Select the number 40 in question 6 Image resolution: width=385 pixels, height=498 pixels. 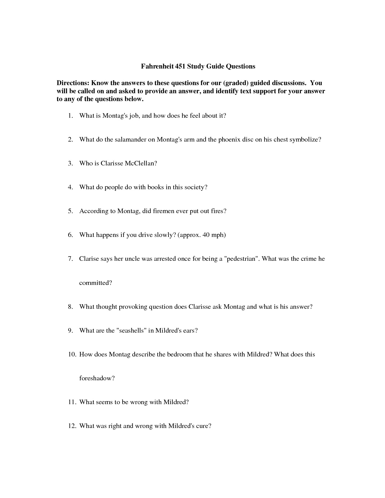[206, 235]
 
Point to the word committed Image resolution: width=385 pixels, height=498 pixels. [95, 283]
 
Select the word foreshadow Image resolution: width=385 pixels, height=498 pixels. [97, 378]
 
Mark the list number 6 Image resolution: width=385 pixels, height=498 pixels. [70, 235]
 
